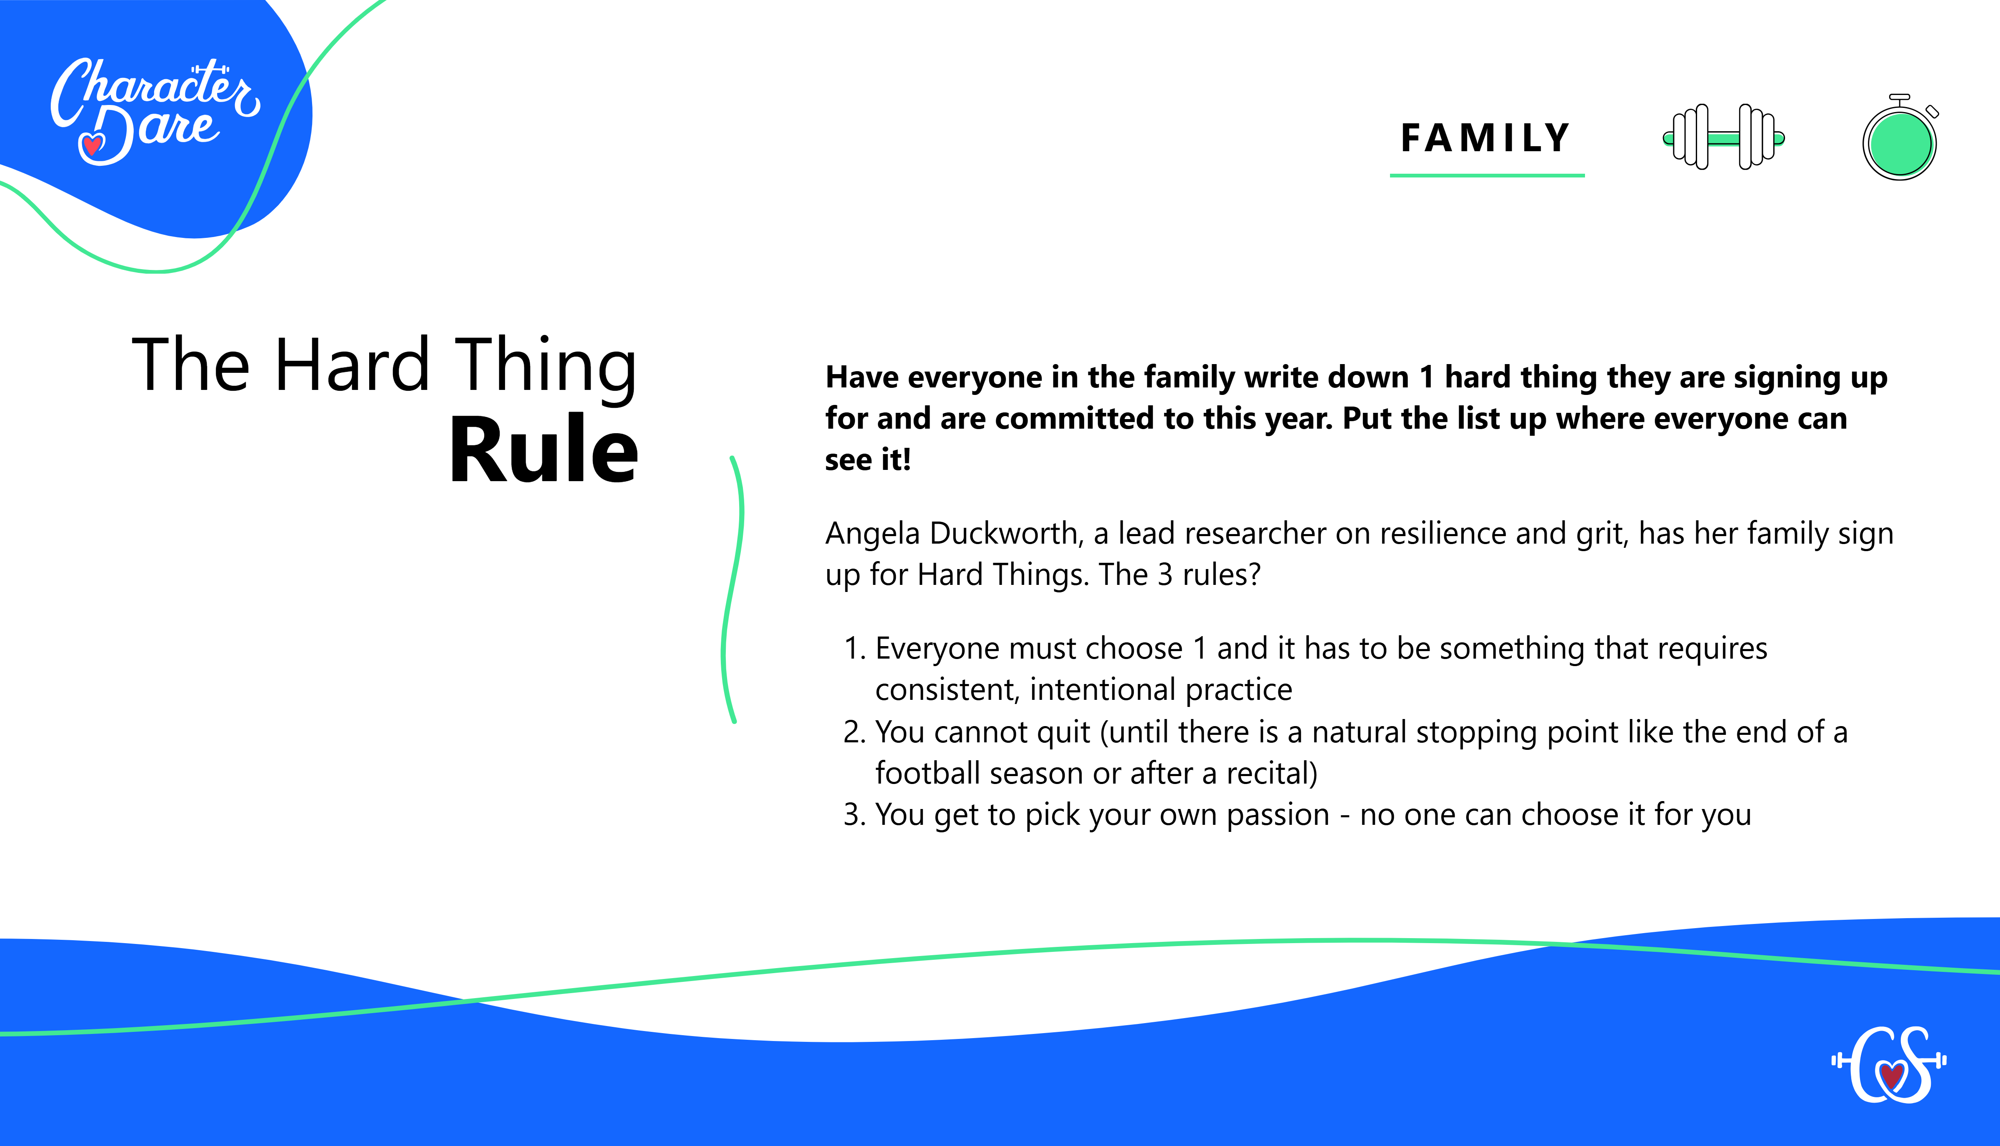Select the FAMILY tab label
(1486, 139)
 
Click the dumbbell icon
(1723, 137)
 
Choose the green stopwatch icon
(1900, 142)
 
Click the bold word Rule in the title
(543, 449)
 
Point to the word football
(927, 774)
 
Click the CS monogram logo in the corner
(1889, 1064)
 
